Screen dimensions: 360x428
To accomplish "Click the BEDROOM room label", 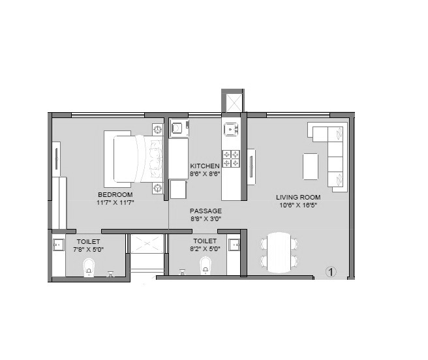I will (x=115, y=194).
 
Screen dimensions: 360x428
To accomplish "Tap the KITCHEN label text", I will (x=205, y=166).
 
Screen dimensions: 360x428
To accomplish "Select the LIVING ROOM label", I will (x=298, y=197).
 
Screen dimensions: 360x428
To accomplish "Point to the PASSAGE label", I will (x=206, y=211).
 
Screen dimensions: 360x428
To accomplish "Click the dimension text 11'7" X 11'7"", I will (x=115, y=203).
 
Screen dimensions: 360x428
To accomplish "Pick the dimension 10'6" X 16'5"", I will (x=298, y=205).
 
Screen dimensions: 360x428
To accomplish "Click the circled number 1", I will (x=330, y=271).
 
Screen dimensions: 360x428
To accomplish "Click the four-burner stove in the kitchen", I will (x=232, y=158).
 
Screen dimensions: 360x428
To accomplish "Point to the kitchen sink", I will (x=231, y=128).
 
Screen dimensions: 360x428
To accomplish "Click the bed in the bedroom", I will (x=133, y=158).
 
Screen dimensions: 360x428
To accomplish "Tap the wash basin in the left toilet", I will (x=57, y=245).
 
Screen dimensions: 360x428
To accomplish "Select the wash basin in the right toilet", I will (x=235, y=245).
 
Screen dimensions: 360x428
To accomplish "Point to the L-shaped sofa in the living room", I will (x=333, y=157).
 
